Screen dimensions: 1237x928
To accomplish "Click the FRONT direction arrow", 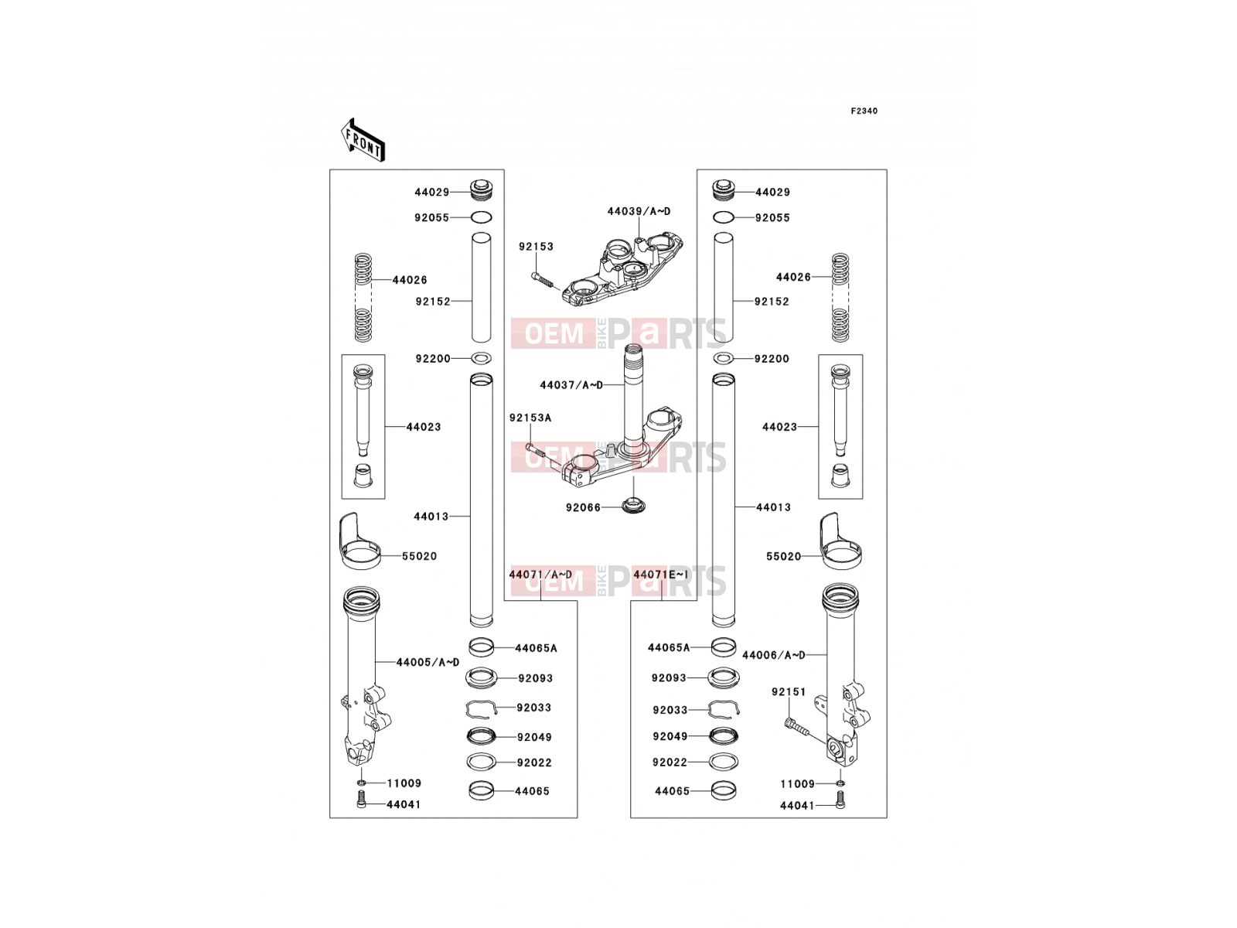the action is coord(363,141).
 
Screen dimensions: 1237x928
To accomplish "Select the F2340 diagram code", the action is coord(864,111).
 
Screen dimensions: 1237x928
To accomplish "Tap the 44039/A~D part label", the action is coord(639,211).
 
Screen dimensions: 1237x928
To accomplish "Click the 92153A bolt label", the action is coord(530,418).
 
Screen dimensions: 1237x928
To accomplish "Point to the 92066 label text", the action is coord(583,507).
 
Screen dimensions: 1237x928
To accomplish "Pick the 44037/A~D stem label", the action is coord(571,385).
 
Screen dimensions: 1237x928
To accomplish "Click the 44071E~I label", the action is coord(660,574).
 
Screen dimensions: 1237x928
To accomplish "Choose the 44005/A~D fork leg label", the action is coord(428,663).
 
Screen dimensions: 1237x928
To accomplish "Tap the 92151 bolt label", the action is coord(789,692).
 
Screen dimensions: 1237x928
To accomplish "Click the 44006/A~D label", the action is coord(774,655).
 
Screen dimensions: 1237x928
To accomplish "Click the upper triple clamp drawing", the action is coord(622,269).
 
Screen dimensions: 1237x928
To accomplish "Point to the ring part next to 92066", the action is coord(633,504).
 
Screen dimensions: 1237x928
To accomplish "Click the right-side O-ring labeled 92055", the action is coord(723,217).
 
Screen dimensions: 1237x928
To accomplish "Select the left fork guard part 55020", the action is coord(359,541).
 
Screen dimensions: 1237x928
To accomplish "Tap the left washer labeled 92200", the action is coord(482,358).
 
